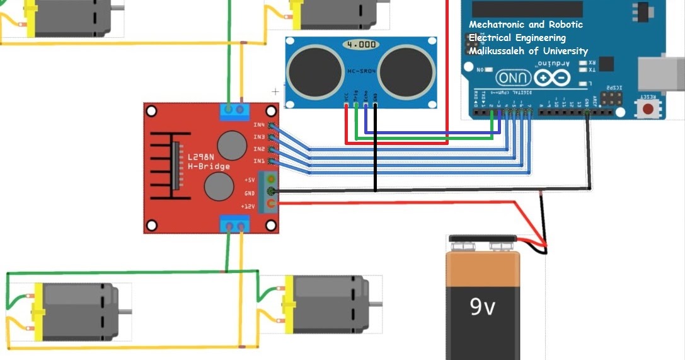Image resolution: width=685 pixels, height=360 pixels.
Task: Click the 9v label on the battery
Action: click(x=482, y=307)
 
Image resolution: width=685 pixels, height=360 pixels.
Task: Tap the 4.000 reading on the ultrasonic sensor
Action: click(x=361, y=45)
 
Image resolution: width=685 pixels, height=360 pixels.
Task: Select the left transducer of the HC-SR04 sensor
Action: click(x=313, y=71)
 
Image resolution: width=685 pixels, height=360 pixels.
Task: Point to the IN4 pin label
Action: click(x=259, y=125)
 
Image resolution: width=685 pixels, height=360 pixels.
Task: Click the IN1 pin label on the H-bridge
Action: click(x=259, y=161)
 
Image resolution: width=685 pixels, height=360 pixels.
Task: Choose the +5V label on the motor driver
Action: click(x=250, y=180)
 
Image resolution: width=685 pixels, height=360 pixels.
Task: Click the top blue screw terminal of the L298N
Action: click(x=234, y=111)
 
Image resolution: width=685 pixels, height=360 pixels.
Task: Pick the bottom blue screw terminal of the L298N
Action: click(x=234, y=224)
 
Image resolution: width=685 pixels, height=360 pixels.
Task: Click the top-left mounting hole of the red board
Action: click(x=152, y=112)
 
